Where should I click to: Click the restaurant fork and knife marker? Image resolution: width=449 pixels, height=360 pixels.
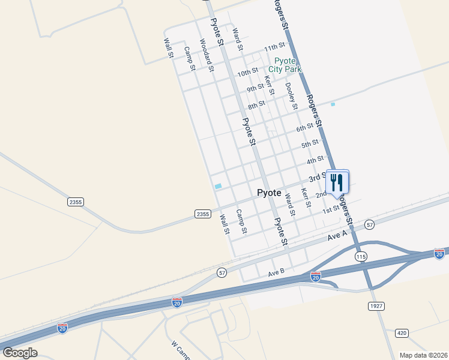(337, 180)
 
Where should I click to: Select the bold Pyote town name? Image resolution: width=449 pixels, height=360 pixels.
(269, 193)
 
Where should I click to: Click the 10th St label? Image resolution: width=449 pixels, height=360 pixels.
(247, 73)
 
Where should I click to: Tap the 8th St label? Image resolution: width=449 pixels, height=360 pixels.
(256, 105)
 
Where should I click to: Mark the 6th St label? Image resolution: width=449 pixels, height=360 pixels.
(304, 128)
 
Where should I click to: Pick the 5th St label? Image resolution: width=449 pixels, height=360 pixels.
(310, 144)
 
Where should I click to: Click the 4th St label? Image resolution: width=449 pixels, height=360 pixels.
(315, 160)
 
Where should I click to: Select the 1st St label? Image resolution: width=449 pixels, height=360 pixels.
(331, 209)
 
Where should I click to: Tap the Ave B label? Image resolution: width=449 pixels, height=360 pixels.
(276, 273)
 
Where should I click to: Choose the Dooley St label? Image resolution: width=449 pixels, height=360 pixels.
(292, 96)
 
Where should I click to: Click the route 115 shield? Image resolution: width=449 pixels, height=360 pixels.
(360, 256)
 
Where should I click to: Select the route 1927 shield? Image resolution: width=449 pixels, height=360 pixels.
(375, 306)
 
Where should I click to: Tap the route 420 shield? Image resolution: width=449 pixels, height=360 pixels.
(402, 332)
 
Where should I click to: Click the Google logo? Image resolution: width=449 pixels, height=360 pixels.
(20, 352)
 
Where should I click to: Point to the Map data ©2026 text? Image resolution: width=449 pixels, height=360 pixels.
(424, 355)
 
